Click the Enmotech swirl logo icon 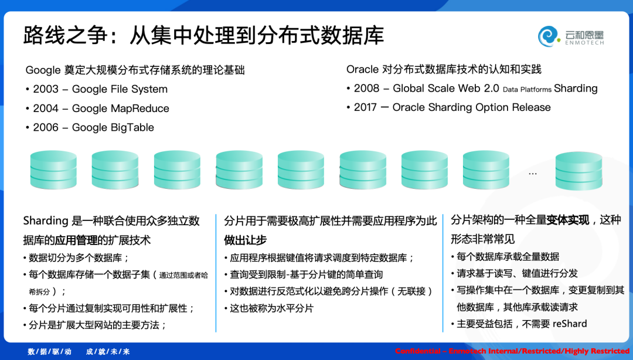(548, 36)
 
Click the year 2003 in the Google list (46, 89)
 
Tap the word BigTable (132, 128)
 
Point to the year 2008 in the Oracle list (366, 89)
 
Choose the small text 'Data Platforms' (527, 90)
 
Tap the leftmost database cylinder (53, 169)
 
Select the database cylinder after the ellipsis (578, 171)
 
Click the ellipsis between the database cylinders (532, 174)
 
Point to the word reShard (570, 324)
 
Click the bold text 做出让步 (245, 240)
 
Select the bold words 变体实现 (567, 220)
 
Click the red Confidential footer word (417, 351)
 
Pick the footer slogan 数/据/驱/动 (50, 352)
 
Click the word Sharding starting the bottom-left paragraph (46, 221)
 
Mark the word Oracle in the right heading (363, 70)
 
